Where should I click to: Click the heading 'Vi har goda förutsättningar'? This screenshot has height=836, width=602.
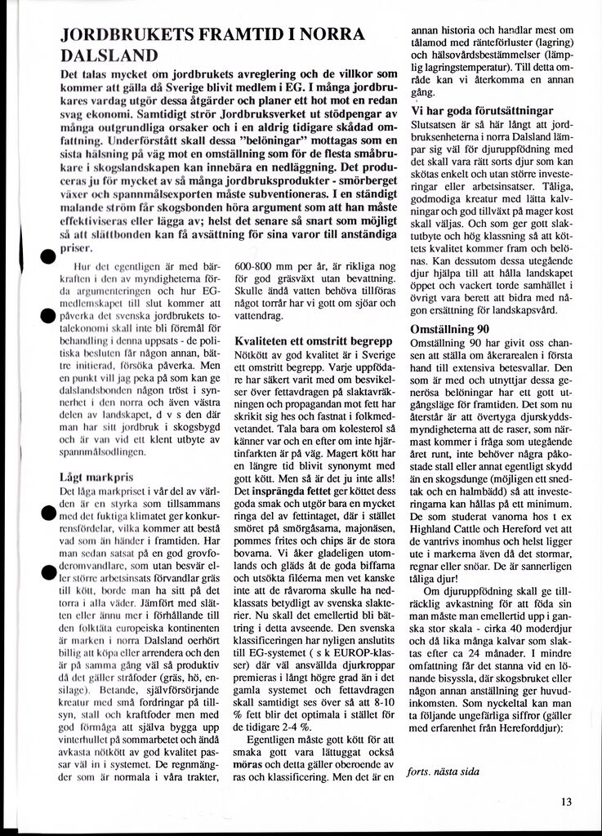tap(481, 110)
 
